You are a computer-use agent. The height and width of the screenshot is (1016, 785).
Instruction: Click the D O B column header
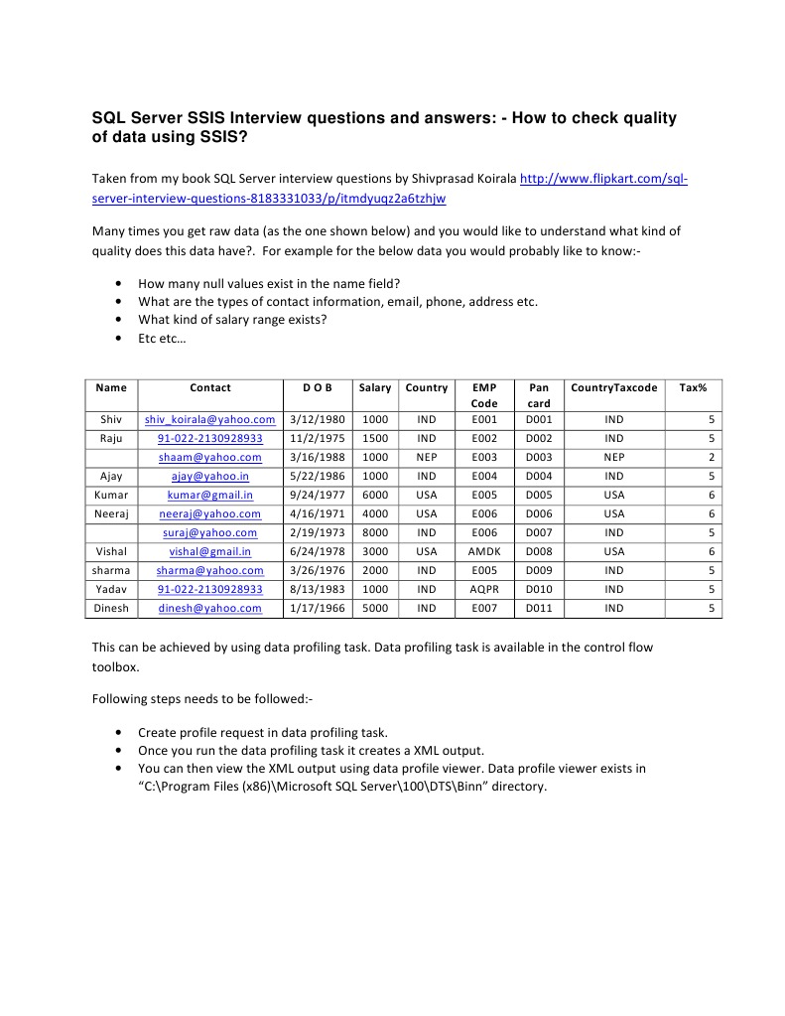[x=317, y=387]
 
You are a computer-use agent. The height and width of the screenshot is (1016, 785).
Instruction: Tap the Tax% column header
[x=692, y=387]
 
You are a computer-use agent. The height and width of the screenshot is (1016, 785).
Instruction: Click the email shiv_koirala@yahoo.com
[x=209, y=419]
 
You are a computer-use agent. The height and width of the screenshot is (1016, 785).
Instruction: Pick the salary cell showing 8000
[x=375, y=532]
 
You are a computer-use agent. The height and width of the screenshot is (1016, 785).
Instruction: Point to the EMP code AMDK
[x=483, y=551]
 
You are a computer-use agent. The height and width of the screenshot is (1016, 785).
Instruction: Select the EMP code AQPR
[x=483, y=589]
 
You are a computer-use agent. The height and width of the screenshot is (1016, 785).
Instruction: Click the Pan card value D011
[x=539, y=608]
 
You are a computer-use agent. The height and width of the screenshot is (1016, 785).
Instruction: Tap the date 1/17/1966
[x=317, y=608]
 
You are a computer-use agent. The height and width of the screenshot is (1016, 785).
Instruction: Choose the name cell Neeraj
[x=111, y=513]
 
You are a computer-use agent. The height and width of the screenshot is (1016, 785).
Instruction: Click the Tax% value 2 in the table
[x=711, y=457]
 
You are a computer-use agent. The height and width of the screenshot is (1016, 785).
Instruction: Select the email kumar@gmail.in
[x=209, y=495]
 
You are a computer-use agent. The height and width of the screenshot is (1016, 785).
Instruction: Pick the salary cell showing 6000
[x=375, y=495]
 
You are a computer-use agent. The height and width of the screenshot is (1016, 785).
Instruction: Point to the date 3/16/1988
[x=317, y=457]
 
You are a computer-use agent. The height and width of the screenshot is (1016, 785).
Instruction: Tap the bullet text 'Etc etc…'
[x=161, y=339]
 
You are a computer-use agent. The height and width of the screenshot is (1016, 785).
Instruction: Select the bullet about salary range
[x=232, y=320]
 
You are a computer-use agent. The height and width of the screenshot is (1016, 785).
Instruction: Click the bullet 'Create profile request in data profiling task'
[x=262, y=732]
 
